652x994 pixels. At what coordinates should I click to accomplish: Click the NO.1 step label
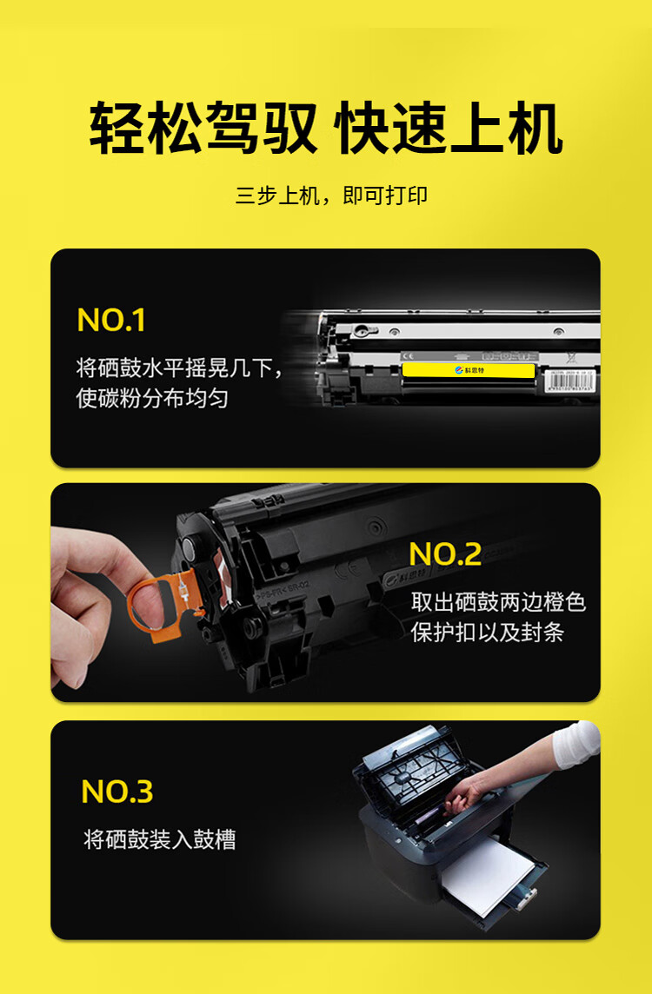[x=111, y=321]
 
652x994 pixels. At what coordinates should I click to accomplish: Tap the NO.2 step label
[x=445, y=554]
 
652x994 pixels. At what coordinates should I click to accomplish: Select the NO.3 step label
[x=117, y=792]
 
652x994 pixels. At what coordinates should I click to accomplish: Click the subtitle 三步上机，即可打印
[x=331, y=195]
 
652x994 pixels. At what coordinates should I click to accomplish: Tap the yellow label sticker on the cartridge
[x=468, y=370]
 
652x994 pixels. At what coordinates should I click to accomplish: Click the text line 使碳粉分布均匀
[x=152, y=399]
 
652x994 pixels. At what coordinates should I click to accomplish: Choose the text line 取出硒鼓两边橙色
[x=498, y=601]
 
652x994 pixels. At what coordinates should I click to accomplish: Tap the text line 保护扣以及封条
[x=488, y=633]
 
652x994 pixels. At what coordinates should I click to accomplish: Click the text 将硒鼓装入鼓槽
[x=160, y=839]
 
